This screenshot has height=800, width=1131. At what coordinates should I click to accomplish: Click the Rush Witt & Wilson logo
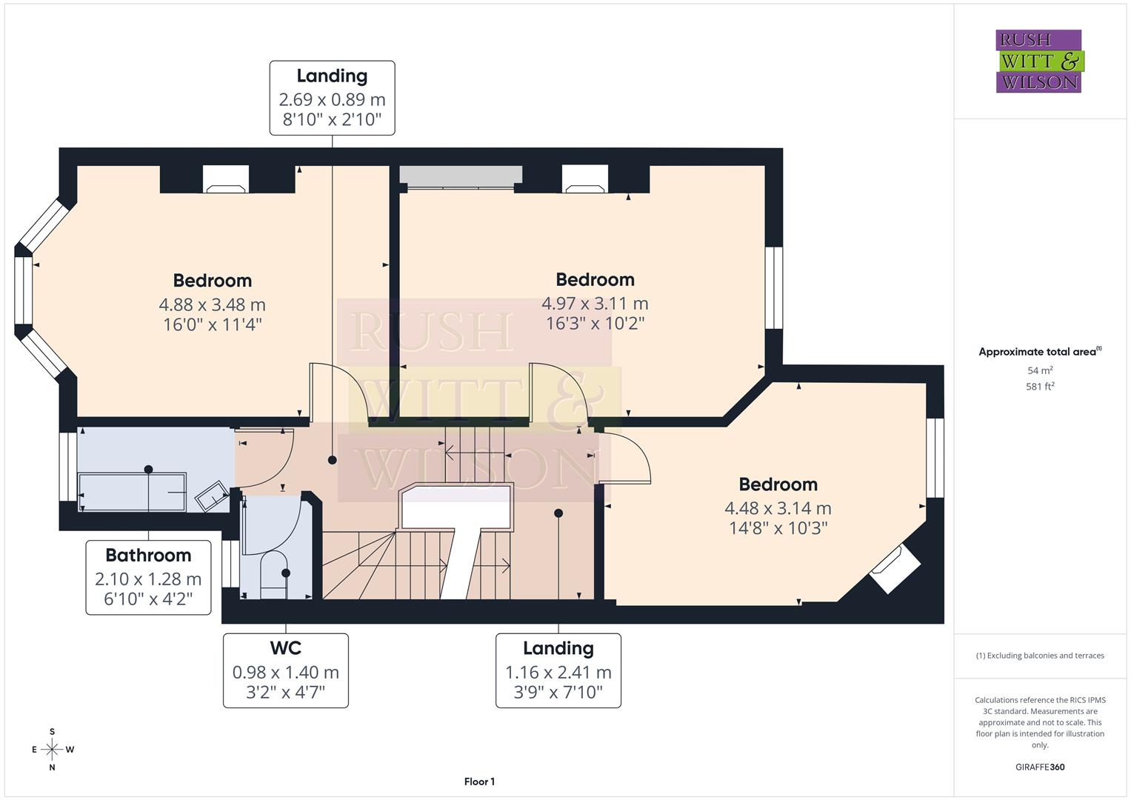1038,61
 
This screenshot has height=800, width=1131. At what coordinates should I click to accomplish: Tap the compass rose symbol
52,750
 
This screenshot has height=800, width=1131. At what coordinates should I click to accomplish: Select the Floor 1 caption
479,781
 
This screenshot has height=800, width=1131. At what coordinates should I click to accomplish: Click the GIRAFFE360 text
1040,767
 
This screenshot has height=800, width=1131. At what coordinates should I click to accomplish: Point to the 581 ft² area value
1040,386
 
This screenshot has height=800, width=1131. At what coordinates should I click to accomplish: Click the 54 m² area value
1040,370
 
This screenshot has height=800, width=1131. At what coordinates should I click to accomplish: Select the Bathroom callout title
148,555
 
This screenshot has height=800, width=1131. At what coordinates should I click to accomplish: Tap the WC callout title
285,648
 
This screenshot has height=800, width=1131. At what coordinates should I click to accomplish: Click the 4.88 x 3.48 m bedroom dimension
212,304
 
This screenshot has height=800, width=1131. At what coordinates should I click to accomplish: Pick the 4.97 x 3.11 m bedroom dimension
595,303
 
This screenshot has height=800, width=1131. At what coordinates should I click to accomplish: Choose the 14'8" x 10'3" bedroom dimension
778,527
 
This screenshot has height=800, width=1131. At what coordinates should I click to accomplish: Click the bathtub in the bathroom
133,490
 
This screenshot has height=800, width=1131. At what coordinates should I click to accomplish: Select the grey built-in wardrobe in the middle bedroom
460,175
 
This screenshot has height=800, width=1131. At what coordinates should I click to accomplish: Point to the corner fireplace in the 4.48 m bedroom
895,569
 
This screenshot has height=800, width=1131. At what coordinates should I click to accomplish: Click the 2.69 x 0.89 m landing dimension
332,99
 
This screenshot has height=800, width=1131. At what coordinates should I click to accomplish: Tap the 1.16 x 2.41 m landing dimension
558,673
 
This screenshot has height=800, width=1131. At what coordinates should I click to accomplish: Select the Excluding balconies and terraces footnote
1040,656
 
